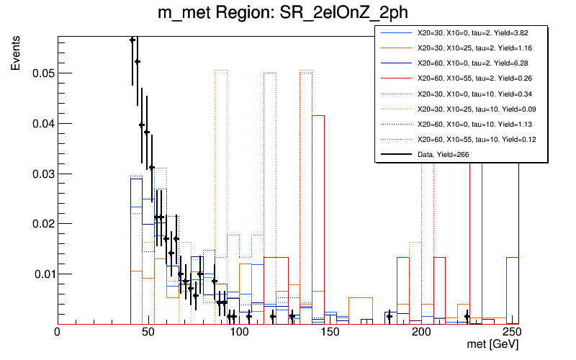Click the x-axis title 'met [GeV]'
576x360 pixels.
[x=493, y=346]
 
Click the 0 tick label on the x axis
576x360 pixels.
[x=58, y=333]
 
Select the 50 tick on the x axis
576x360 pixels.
[x=148, y=333]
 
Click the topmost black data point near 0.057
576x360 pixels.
[x=132, y=40]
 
